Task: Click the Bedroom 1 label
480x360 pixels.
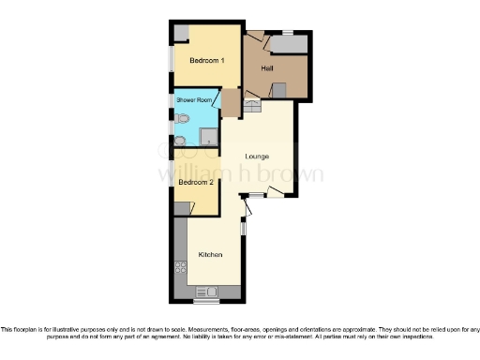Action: coord(206,61)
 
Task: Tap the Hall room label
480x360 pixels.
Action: coord(267,68)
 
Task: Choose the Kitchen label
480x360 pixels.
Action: coord(210,255)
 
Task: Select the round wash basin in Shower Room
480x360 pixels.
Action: coord(180,141)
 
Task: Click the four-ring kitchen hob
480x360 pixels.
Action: coord(179,271)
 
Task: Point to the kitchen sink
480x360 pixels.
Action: coord(204,292)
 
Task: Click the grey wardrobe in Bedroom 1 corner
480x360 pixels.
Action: coord(180,32)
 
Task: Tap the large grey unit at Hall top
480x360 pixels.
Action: coord(289,43)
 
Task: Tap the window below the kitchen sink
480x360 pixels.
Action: coord(204,302)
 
